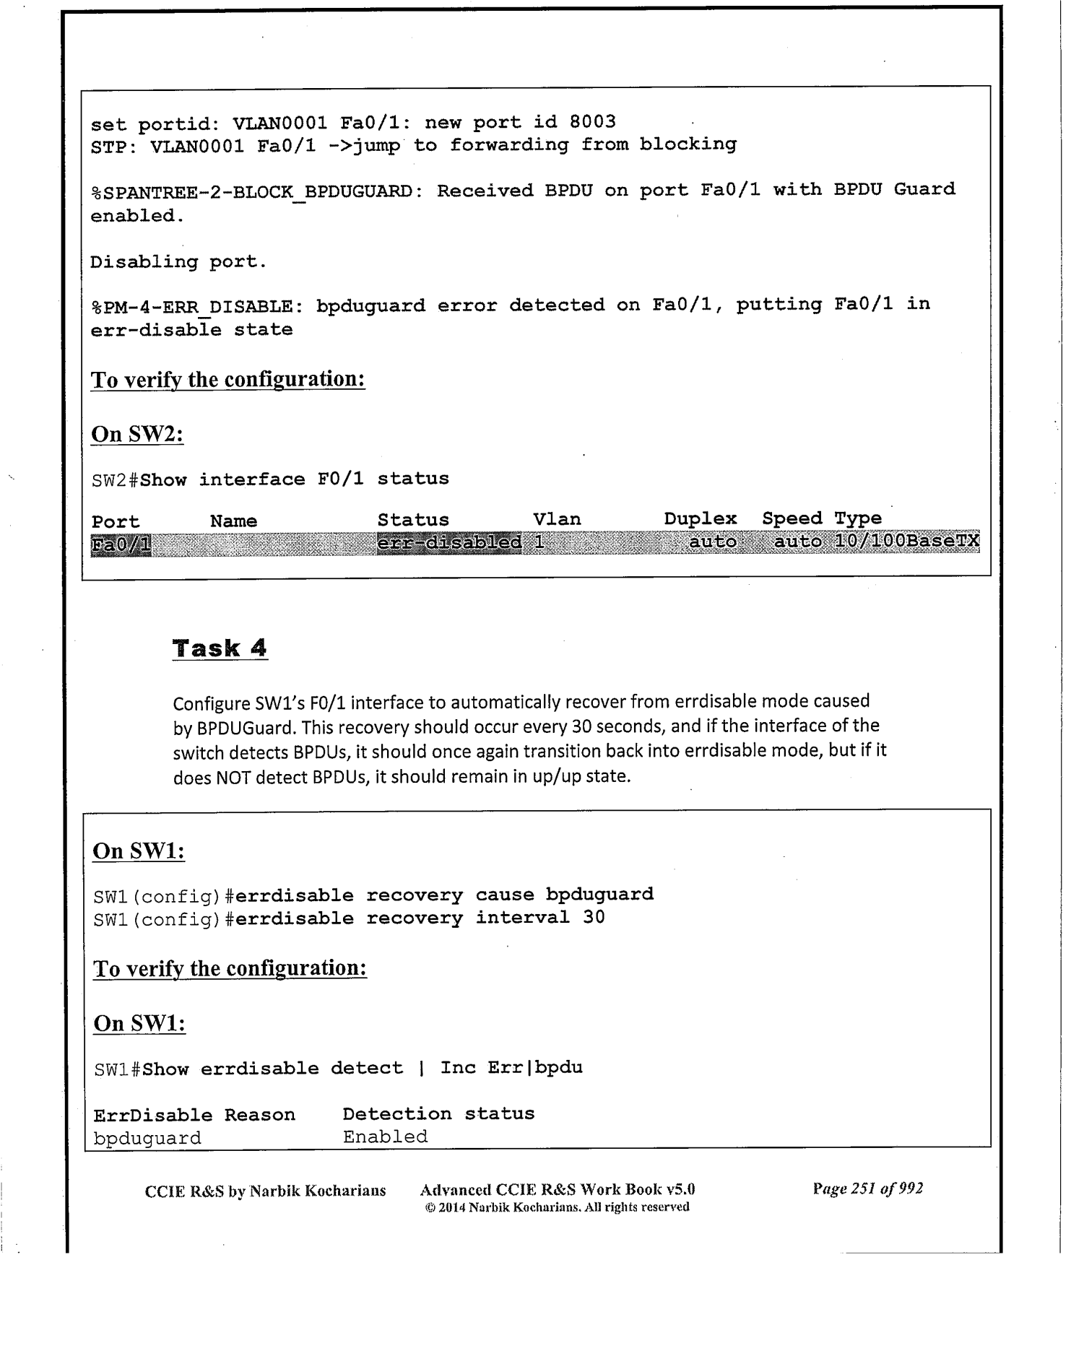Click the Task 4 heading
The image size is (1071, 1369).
[220, 648]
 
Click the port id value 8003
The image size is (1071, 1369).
[592, 121]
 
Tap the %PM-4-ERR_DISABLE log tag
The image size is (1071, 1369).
[192, 307]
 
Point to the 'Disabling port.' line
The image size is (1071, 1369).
[178, 262]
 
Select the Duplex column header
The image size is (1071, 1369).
[700, 518]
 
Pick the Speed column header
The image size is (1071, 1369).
[792, 518]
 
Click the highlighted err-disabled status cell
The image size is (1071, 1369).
[448, 542]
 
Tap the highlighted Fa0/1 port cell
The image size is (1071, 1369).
[121, 544]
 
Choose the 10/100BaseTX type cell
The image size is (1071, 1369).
[906, 541]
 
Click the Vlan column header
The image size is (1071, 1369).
[556, 519]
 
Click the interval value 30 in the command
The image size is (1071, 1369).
[594, 917]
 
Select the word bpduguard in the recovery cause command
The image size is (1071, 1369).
[599, 894]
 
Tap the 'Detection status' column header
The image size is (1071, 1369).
[438, 1113]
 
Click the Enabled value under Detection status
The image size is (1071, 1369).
[385, 1137]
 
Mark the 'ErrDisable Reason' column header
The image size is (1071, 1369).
[194, 1115]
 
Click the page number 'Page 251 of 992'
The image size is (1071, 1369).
[867, 1188]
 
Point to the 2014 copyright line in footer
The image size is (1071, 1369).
[557, 1207]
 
